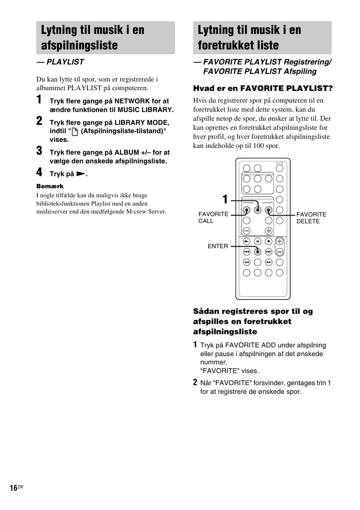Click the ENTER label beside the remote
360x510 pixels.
tap(218, 246)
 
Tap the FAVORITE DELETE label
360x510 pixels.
tap(311, 218)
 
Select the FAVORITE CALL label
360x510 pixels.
tap(213, 218)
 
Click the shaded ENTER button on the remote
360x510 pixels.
tap(257, 252)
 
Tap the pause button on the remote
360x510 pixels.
tap(257, 241)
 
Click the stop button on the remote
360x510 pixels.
tap(268, 241)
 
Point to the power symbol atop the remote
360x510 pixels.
tap(280, 163)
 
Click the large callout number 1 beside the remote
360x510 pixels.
tap(225, 200)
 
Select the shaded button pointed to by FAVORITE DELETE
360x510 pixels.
tap(268, 210)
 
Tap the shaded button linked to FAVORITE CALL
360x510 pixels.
tap(246, 210)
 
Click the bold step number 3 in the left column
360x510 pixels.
tap(39, 152)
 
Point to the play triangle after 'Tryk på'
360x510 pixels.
tap(80, 174)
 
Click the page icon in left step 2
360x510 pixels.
tap(75, 132)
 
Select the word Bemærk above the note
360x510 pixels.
tap(50, 186)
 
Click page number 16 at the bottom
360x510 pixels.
tap(13, 488)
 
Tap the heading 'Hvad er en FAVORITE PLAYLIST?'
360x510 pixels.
tap(263, 88)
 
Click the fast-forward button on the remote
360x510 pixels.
tap(268, 262)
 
